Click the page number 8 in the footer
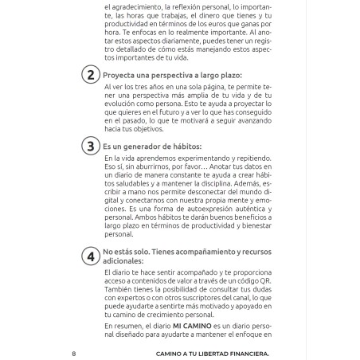[72, 353]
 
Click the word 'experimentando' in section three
[202, 158]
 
